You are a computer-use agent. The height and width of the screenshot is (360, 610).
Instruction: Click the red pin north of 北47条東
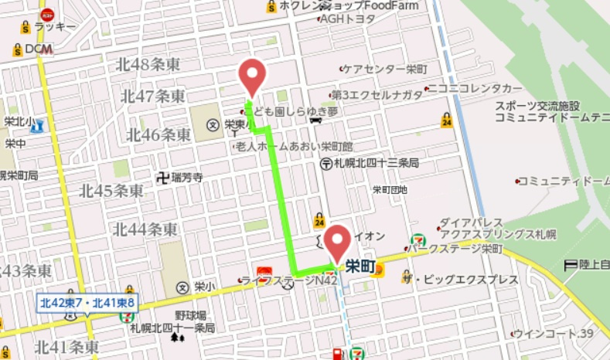tap(252, 76)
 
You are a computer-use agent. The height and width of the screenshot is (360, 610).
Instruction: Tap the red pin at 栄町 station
tap(337, 242)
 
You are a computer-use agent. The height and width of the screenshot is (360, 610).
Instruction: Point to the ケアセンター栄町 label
tap(379, 68)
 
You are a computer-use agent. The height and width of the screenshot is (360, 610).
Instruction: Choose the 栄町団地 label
tap(390, 189)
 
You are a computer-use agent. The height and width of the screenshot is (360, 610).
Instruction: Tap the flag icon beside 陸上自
tap(571, 265)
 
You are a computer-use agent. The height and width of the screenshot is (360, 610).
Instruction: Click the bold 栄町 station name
tap(360, 267)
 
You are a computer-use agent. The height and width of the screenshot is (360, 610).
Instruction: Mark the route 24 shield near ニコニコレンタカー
tap(447, 121)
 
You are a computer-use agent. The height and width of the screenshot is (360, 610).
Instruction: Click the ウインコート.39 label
tap(554, 334)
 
